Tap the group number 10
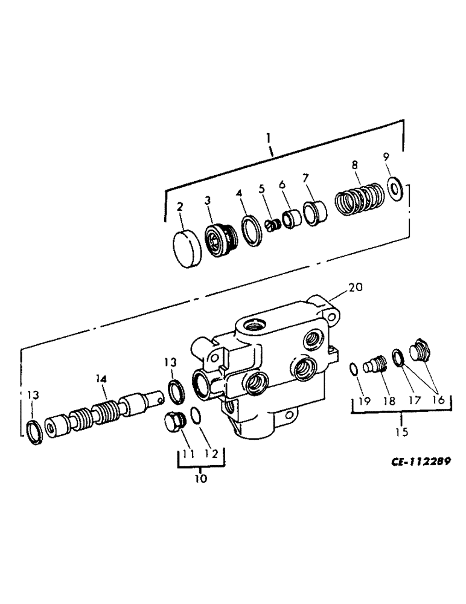pos(200,478)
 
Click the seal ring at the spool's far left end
pos(34,431)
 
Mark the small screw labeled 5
pos(273,225)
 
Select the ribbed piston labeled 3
pos(217,239)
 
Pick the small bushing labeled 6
pos(292,217)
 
